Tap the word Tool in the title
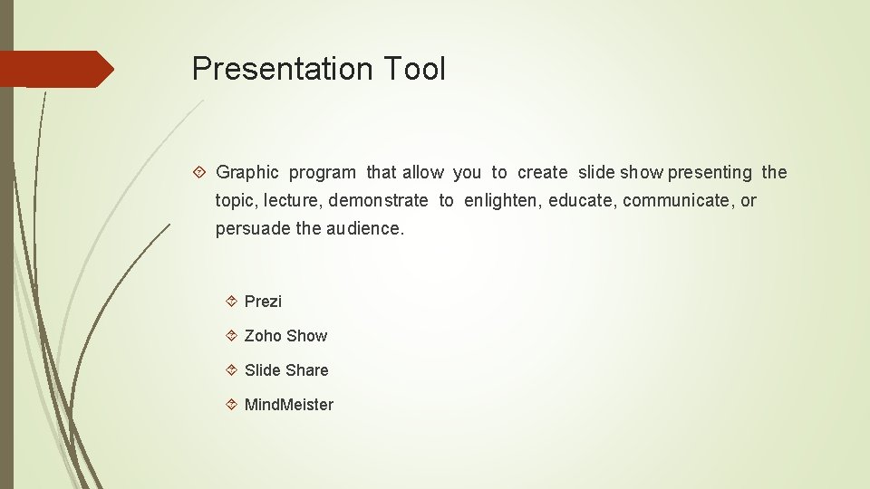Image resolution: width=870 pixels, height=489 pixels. (414, 69)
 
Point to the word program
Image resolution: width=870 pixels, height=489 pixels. (323, 173)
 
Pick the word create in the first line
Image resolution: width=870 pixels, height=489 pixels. (542, 173)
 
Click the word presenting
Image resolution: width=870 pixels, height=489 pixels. (710, 173)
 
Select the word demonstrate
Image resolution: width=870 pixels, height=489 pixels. (378, 200)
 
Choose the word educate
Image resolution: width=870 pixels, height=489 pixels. (581, 200)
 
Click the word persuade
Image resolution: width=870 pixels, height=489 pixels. (253, 228)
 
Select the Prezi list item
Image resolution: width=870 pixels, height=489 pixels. (263, 302)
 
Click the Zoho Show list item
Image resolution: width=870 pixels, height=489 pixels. (285, 336)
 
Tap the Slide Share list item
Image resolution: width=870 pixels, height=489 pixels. (286, 370)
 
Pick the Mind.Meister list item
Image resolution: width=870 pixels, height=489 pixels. (289, 405)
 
